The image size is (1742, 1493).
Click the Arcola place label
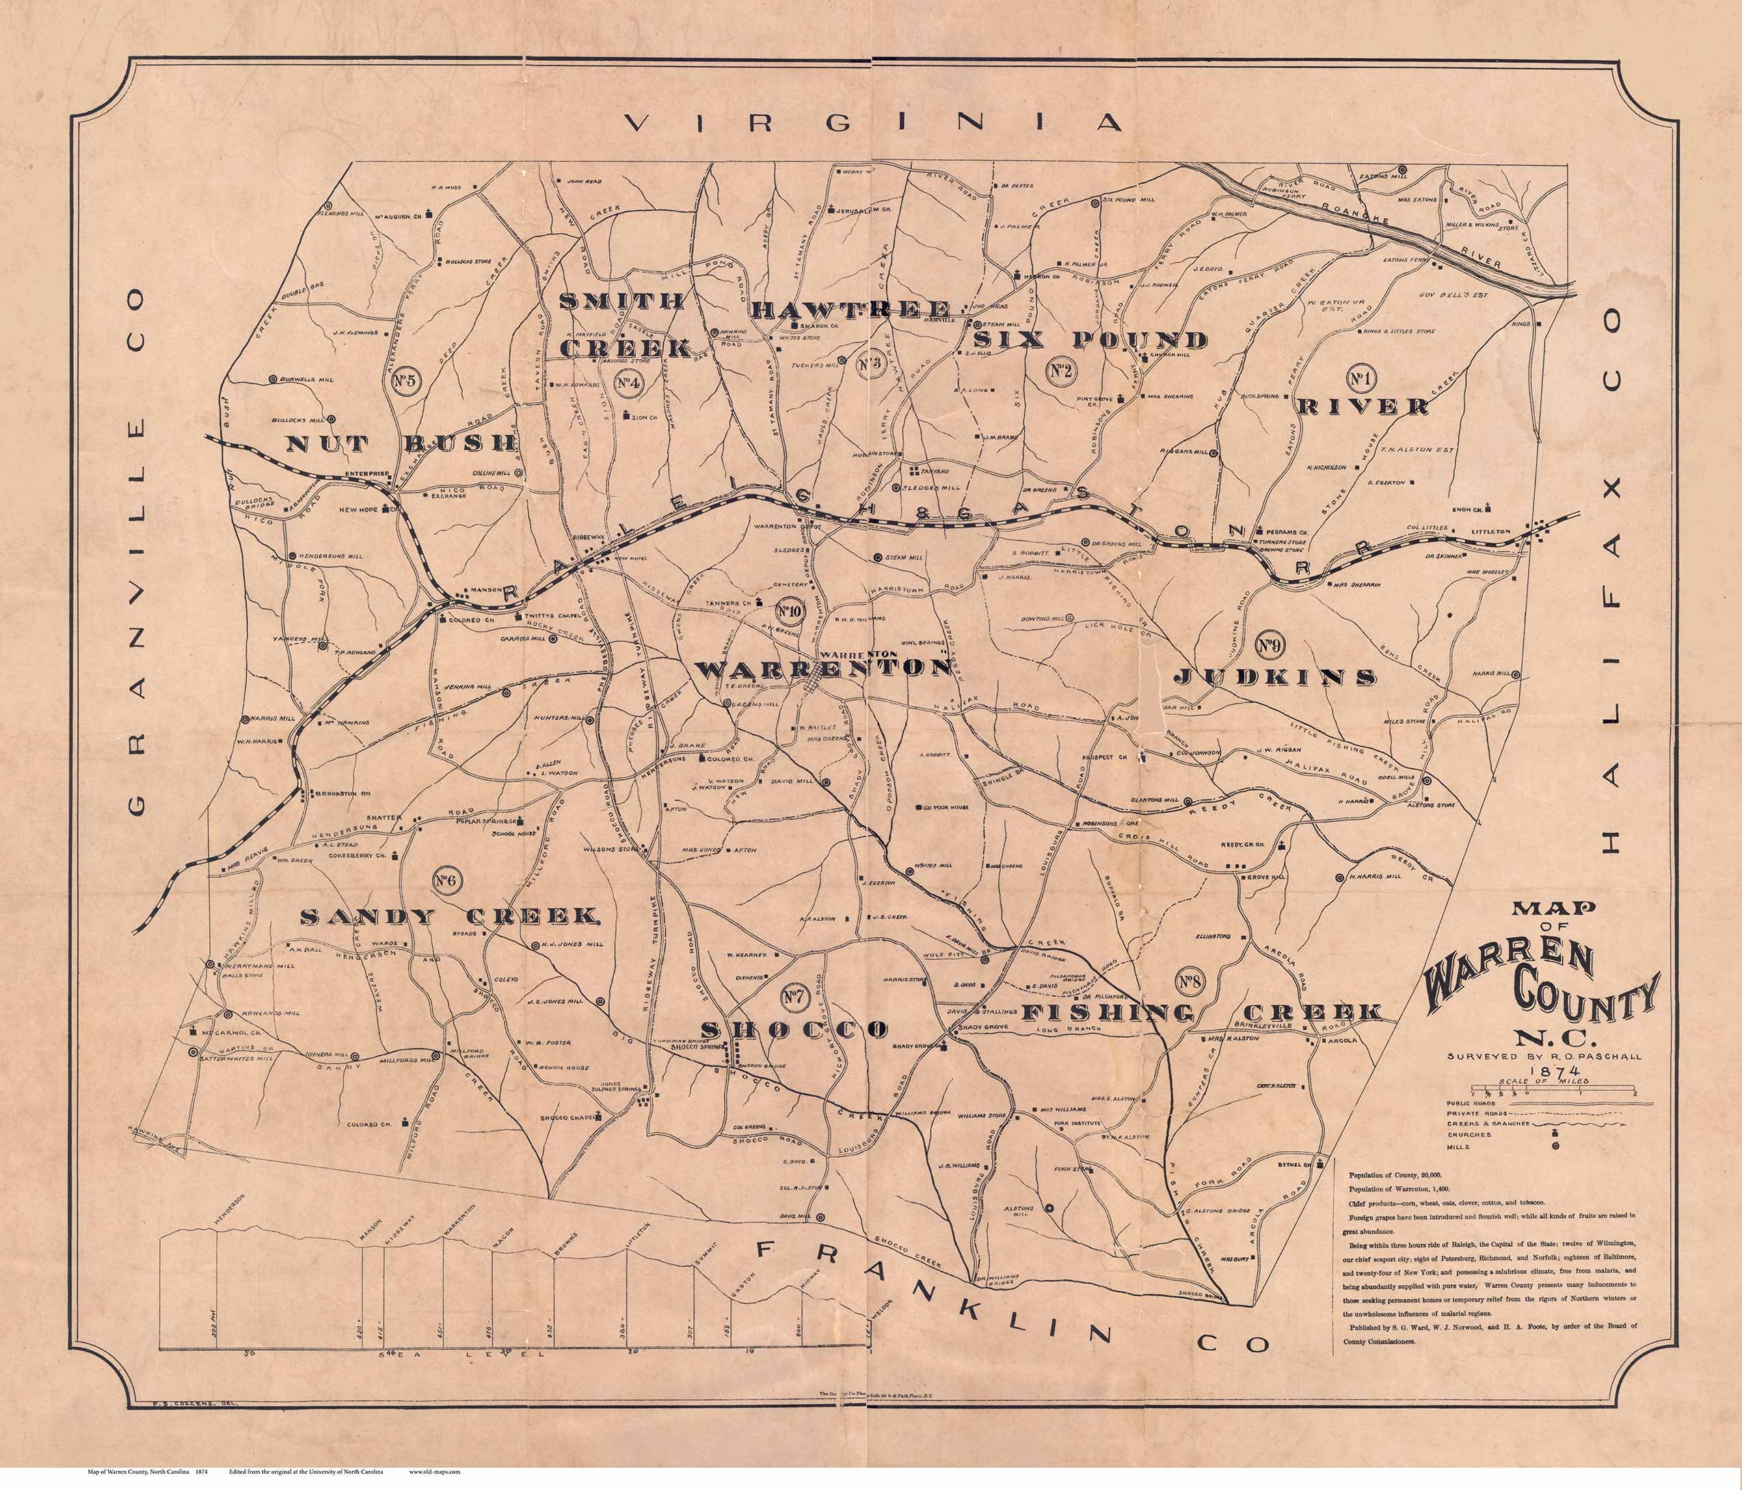pos(1337,1042)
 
